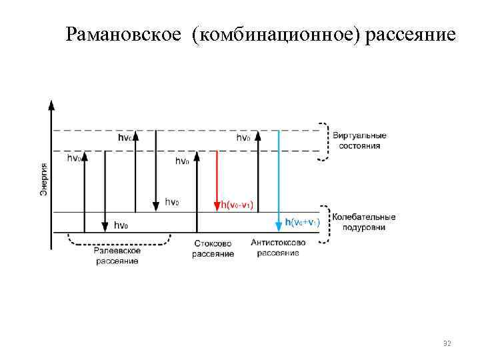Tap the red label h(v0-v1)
click(x=236, y=205)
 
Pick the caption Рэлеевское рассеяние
click(x=117, y=256)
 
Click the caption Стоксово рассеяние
click(x=213, y=249)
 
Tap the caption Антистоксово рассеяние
click(x=278, y=248)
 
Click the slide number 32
click(x=447, y=343)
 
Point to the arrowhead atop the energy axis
click(x=52, y=104)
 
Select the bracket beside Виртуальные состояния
click(x=324, y=141)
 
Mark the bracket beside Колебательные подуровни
click(x=325, y=223)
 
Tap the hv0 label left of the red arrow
click(x=182, y=161)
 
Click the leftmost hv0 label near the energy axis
click(x=74, y=159)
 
